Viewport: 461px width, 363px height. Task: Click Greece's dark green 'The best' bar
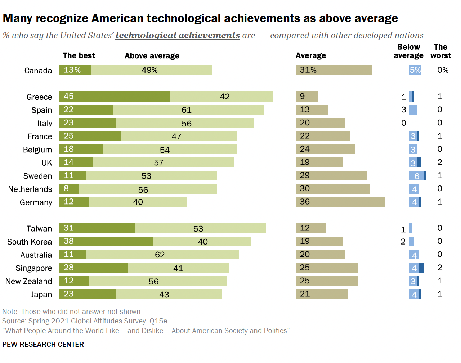point(114,97)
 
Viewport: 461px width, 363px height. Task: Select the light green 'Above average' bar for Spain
point(188,110)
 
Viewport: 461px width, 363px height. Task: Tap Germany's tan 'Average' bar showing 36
point(340,202)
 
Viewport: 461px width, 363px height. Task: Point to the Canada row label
point(38,71)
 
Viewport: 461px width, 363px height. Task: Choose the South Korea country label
point(30,242)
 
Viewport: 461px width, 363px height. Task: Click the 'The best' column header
point(79,55)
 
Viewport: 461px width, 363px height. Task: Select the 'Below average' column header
point(408,51)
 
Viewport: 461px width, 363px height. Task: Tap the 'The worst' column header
point(440,51)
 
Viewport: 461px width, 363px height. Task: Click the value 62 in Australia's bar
point(160,255)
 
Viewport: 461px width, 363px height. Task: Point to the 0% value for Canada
point(443,70)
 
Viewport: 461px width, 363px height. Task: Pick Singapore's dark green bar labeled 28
point(93,268)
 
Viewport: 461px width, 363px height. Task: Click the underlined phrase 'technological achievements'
point(178,35)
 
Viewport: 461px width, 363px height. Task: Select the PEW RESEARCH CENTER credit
point(43,344)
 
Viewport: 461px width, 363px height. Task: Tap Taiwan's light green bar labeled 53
point(201,228)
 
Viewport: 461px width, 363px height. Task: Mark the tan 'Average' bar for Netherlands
point(332,189)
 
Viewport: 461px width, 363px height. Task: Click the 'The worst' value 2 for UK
point(440,162)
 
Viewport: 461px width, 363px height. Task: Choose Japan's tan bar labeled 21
point(321,294)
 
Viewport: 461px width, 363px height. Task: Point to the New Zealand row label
point(28,281)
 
